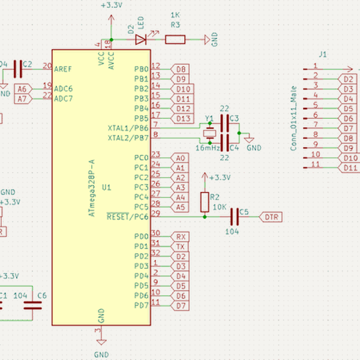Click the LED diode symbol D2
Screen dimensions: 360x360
coord(141,40)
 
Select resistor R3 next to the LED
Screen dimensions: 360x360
coord(175,40)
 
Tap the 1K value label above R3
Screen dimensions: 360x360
coord(175,14)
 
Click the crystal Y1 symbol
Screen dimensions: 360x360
coord(209,133)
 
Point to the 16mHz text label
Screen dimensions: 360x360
coord(207,147)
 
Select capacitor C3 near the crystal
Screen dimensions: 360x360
coord(225,124)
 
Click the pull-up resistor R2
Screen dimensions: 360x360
coord(205,200)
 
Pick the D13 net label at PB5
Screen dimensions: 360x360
coord(184,118)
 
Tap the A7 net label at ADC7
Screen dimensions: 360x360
coord(22,99)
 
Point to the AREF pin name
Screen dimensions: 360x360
coord(63,69)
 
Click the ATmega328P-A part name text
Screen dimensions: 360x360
coord(91,189)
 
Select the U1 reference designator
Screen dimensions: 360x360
coord(106,188)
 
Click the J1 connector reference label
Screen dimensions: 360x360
coord(322,55)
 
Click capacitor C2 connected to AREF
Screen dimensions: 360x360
coord(17,70)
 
